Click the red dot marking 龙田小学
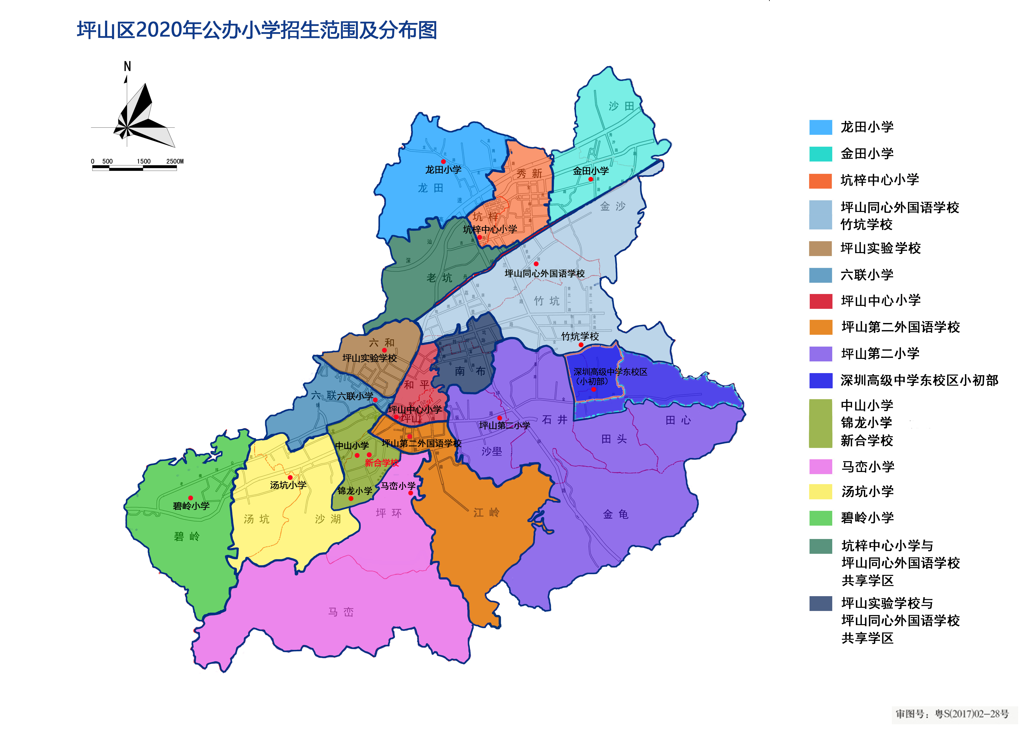coord(443,161)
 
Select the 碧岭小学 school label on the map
coord(191,506)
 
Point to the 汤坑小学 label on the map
coord(288,485)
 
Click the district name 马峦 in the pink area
coord(341,612)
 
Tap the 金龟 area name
coord(616,514)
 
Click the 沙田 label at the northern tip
coord(622,106)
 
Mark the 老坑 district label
coord(439,278)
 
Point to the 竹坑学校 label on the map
coord(580,336)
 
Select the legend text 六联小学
coord(867,275)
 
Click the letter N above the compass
coord(127,67)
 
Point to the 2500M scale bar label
coord(175,161)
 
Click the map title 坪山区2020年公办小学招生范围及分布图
coord(257,30)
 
